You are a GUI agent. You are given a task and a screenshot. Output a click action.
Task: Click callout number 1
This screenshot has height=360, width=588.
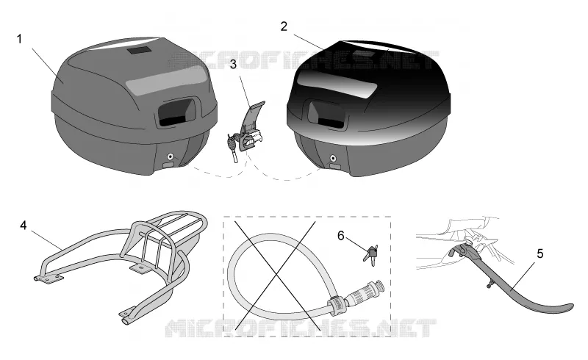click(20, 39)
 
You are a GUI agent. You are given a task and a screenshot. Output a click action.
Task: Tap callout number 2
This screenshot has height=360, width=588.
click(284, 26)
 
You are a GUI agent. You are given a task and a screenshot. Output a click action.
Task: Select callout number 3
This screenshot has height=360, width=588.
click(233, 64)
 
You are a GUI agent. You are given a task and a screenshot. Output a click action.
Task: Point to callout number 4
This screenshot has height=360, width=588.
click(24, 226)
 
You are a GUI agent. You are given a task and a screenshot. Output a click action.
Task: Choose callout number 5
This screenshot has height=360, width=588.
click(540, 254)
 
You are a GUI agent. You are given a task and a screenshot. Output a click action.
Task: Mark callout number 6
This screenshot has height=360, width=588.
click(341, 236)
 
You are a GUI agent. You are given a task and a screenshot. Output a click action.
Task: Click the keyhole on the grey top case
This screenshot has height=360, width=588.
click(171, 156)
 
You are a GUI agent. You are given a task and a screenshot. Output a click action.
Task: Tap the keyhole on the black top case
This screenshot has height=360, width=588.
click(333, 158)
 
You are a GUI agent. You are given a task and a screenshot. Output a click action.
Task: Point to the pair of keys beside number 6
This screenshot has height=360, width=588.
click(370, 254)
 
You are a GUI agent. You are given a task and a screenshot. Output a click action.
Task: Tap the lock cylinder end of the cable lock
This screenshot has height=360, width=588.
click(365, 292)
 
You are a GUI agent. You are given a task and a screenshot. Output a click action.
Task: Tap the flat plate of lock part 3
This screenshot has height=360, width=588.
click(253, 116)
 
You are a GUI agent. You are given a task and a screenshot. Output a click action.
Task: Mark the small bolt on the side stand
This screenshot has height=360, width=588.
click(490, 286)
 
